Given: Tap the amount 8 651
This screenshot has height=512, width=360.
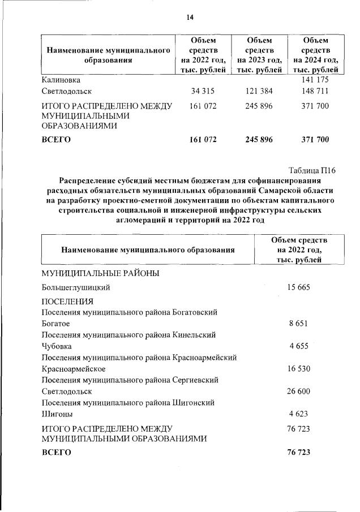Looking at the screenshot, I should [299, 324].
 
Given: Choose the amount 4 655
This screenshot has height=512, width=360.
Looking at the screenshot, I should [299, 346].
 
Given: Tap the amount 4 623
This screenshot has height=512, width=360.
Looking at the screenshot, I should [299, 414].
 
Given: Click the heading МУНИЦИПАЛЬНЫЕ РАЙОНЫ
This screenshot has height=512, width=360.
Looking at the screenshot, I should [100, 273].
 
